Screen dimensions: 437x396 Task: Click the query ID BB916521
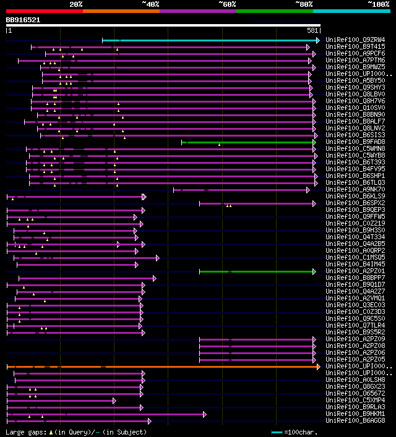pos(23,20)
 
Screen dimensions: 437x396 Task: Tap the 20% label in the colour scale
pos(76,4)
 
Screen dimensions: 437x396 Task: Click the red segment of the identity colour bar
pos(44,11)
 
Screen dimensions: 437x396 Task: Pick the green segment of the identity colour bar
pos(274,11)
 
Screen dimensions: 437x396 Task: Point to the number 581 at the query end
pos(312,30)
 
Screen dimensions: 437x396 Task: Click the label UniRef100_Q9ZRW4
pos(355,40)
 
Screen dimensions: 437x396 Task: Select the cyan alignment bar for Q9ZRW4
pos(210,40)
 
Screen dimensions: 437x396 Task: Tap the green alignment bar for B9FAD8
pos(247,142)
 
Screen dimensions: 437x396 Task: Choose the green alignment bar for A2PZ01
pos(257,271)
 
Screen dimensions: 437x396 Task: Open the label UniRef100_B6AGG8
pos(355,421)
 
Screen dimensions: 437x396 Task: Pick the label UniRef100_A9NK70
pos(355,190)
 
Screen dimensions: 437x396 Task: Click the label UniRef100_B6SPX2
pos(355,203)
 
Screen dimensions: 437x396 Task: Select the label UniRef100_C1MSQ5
pos(355,258)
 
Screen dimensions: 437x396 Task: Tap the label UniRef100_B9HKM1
pos(355,414)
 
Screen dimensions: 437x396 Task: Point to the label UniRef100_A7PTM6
pos(355,61)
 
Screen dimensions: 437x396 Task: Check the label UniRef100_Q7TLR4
pos(355,326)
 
